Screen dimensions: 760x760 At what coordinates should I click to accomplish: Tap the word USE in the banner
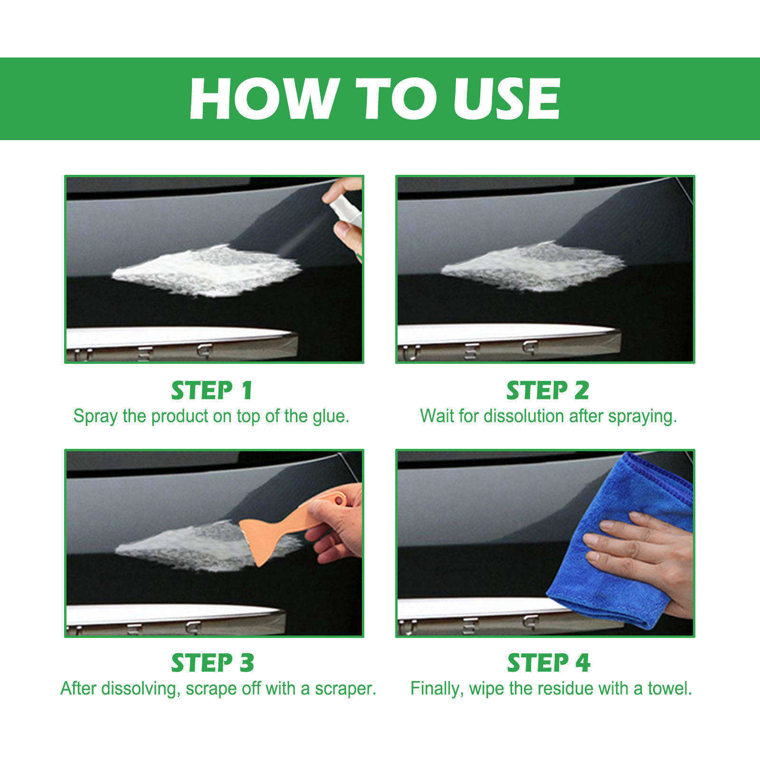coord(507,98)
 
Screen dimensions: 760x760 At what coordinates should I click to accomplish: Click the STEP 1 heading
coord(212,391)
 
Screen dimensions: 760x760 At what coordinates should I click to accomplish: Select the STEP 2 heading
coord(548,391)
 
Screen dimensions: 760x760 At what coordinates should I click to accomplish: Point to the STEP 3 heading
coord(212,663)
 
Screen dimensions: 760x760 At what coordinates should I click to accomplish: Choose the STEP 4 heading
coord(549,663)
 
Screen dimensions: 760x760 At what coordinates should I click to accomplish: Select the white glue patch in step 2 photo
coord(532,266)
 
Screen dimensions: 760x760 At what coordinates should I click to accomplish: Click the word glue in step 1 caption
coord(331,417)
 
